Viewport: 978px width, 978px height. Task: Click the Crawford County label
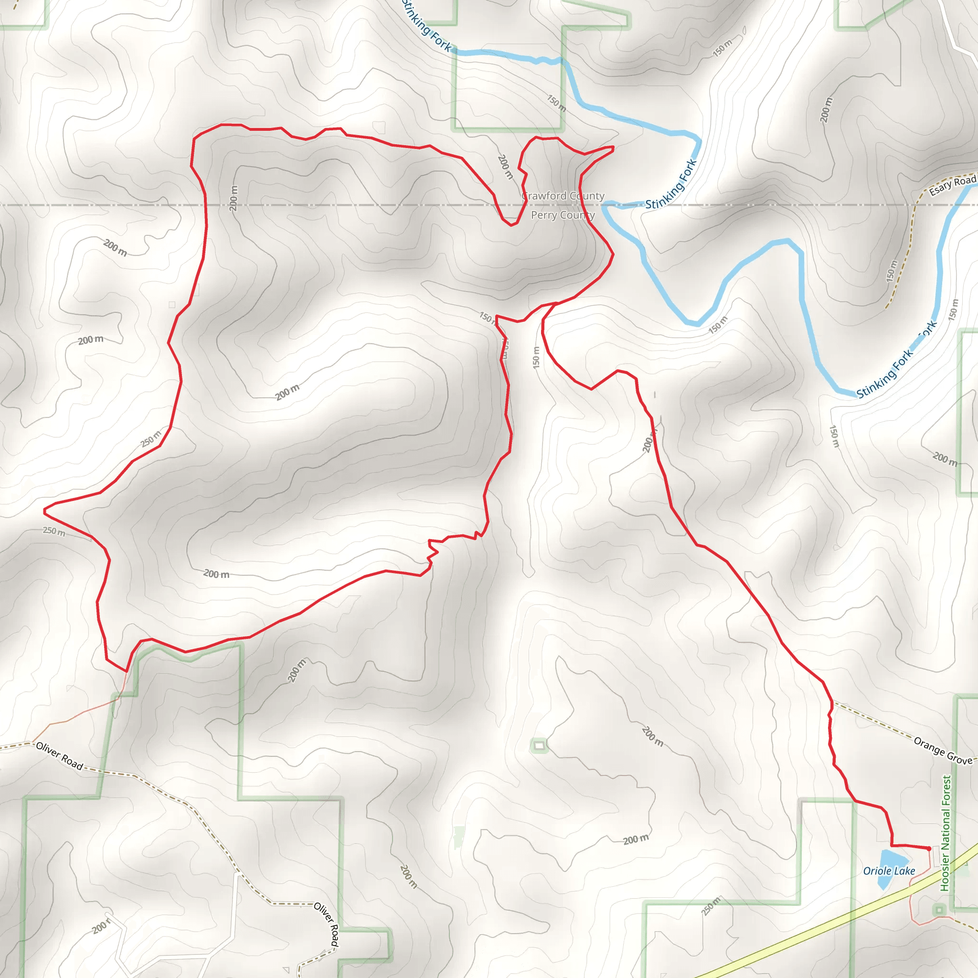[563, 196]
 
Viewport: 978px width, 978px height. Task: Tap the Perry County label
[563, 215]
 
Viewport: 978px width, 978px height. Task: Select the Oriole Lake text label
[889, 871]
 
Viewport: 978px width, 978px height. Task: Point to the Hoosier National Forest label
[945, 833]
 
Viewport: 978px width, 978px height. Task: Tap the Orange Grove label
[943, 750]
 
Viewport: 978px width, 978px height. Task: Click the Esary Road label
[952, 185]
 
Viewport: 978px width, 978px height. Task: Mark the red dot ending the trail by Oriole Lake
[929, 849]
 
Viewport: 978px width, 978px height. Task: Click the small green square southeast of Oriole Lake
[939, 910]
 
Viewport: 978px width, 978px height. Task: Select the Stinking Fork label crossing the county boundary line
[671, 185]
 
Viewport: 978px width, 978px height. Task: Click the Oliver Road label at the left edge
[59, 756]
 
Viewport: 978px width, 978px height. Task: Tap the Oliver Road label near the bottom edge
[327, 924]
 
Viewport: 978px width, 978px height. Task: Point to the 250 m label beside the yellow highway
[711, 905]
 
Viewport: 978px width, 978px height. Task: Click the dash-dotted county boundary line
[354, 205]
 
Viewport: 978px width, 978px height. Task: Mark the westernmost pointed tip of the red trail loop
[44, 512]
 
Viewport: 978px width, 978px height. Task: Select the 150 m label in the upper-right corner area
[723, 48]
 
